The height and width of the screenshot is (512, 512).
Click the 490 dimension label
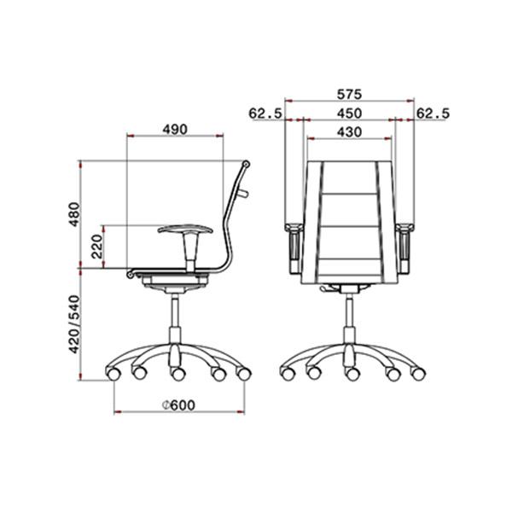tap(175, 130)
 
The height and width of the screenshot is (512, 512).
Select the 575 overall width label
tap(349, 94)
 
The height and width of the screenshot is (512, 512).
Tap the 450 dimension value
tap(349, 113)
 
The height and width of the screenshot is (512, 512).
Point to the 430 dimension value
tap(349, 132)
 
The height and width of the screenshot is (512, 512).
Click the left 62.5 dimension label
tap(265, 113)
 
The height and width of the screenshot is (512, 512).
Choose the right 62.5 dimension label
tap(433, 113)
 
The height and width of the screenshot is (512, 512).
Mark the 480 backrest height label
tap(74, 214)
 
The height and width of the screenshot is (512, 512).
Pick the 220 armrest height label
tap(97, 247)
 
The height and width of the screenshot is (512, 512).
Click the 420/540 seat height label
tap(74, 324)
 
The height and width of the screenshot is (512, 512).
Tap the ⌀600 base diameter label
tap(178, 405)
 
